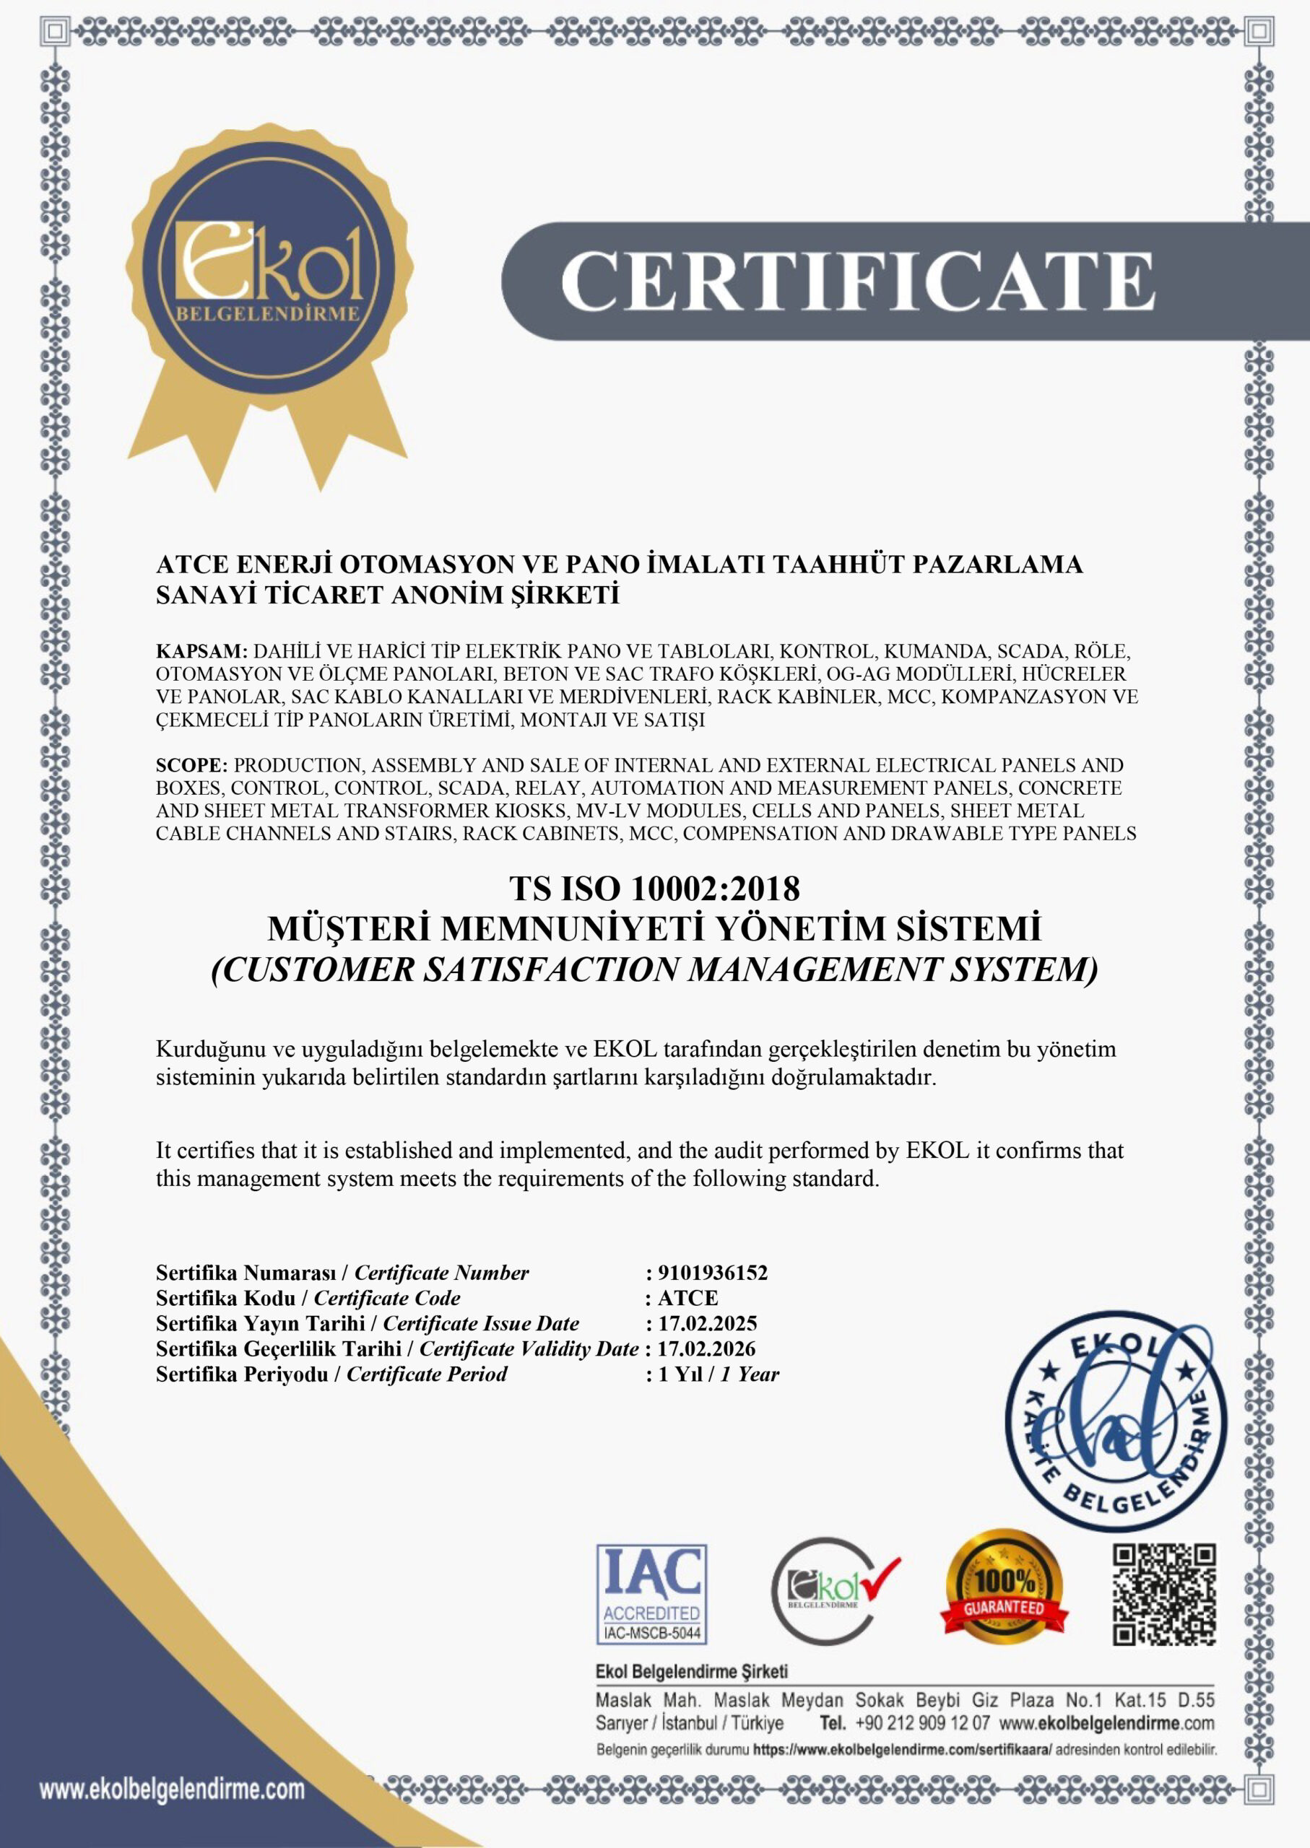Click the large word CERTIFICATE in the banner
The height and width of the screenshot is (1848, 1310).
point(856,281)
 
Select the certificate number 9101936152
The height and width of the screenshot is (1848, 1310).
point(712,1273)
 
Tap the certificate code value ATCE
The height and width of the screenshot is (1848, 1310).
point(687,1297)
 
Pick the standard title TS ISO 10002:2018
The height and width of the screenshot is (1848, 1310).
point(654,889)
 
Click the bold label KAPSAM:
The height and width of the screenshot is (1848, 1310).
point(201,650)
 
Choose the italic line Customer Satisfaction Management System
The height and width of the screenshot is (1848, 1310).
point(654,970)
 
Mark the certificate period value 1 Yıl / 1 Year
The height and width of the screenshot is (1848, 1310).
point(718,1374)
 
